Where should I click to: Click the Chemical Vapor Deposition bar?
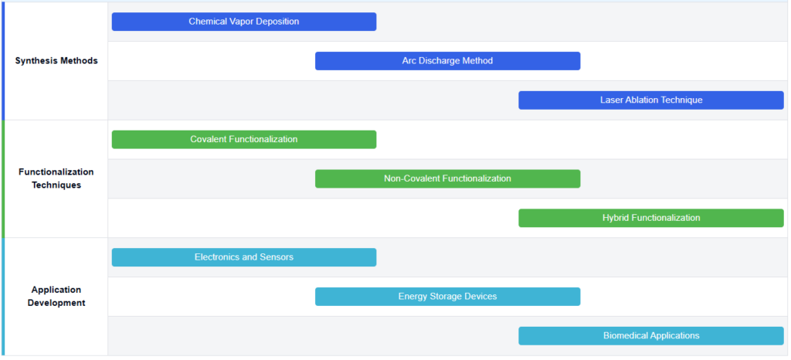pyautogui.click(x=244, y=22)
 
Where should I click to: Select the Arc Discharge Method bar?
pyautogui.click(x=447, y=61)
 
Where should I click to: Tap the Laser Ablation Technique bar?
pyautogui.click(x=651, y=100)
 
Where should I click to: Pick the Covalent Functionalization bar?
pyautogui.click(x=244, y=140)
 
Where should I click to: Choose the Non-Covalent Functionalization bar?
pyautogui.click(x=447, y=179)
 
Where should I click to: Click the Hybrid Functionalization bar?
pyautogui.click(x=651, y=219)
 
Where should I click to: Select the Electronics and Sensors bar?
pyautogui.click(x=244, y=258)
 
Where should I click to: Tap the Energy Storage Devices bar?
pyautogui.click(x=447, y=297)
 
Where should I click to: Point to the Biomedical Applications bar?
pyautogui.click(x=651, y=336)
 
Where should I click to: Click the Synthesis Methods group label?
pyautogui.click(x=56, y=61)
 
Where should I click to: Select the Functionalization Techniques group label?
pyautogui.click(x=56, y=178)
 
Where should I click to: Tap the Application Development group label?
pyautogui.click(x=56, y=297)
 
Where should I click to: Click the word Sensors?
pyautogui.click(x=277, y=257)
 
